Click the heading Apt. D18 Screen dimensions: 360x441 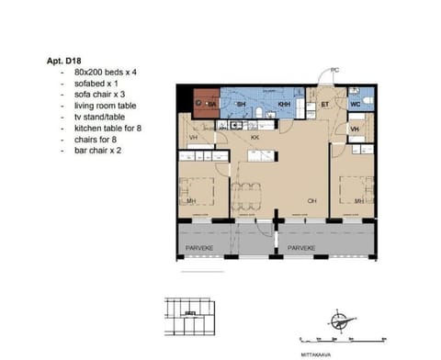(64, 60)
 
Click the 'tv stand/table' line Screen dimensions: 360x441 (91, 117)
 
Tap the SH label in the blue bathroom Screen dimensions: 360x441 (241, 106)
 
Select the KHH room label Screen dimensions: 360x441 (284, 106)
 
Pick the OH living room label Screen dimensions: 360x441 (311, 199)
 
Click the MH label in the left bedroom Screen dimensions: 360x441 (191, 200)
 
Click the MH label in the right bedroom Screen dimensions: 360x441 (359, 199)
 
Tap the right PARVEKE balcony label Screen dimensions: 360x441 (301, 248)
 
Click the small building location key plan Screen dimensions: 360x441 (191, 318)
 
